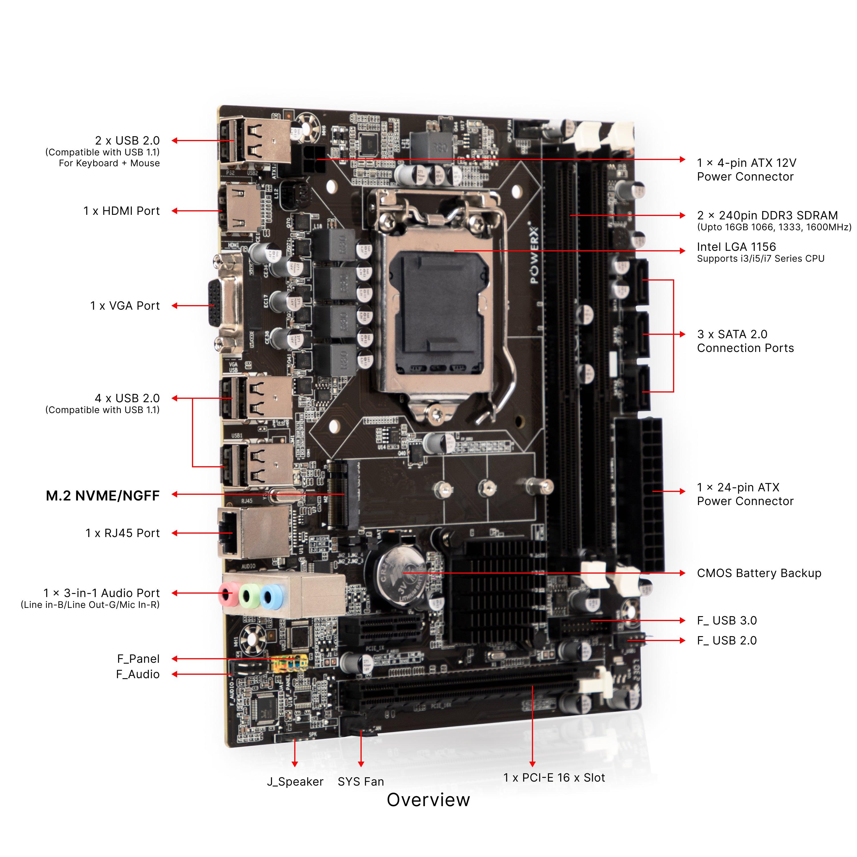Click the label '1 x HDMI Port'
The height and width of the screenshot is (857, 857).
(121, 211)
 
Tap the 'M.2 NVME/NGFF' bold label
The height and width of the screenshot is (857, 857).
(103, 495)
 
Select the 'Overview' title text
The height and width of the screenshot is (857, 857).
(428, 800)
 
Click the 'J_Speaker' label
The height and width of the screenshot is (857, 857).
(295, 782)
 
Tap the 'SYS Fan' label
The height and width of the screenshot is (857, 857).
(361, 782)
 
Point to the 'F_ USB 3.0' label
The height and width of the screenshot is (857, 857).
(726, 620)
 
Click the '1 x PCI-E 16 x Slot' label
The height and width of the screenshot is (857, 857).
(554, 778)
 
